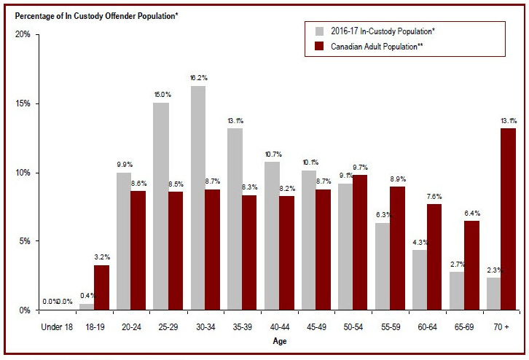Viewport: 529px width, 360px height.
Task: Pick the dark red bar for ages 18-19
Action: [x=101, y=287]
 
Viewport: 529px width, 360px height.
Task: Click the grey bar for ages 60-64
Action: [x=419, y=280]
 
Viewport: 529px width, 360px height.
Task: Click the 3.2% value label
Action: [x=102, y=257]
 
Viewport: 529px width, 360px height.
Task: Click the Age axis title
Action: [x=280, y=340]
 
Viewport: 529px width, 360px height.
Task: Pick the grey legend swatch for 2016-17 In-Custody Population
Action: [x=319, y=31]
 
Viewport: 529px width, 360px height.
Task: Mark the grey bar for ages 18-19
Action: [x=86, y=307]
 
